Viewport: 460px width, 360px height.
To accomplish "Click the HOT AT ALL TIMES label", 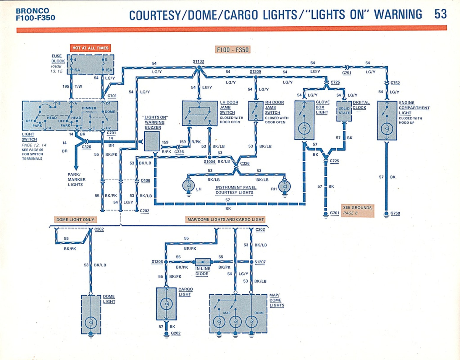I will (x=91, y=48).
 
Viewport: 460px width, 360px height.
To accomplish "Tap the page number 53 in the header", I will (x=440, y=14).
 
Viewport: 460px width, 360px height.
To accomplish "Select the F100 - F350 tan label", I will (x=233, y=50).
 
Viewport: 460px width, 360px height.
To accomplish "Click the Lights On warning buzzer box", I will (x=152, y=141).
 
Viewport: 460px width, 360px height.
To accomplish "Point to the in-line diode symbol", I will (x=203, y=262).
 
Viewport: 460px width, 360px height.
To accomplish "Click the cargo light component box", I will (x=166, y=304).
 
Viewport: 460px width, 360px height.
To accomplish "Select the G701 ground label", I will (x=335, y=213).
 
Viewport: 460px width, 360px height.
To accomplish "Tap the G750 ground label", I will (x=395, y=213).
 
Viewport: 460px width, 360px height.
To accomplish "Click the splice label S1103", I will (x=198, y=62).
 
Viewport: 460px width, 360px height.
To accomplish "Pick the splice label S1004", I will (x=209, y=162).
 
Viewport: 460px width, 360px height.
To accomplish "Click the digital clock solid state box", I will (x=344, y=111).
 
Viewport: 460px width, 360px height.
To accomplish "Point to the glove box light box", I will (x=304, y=120).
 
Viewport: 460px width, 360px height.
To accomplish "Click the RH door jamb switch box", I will (x=256, y=111).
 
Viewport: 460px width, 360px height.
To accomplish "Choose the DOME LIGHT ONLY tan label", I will (x=75, y=219).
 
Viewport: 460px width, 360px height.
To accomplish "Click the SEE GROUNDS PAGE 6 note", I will (x=357, y=210).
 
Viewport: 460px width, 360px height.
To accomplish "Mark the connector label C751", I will (x=347, y=73).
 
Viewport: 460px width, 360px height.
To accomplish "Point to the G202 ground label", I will (x=175, y=333).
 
